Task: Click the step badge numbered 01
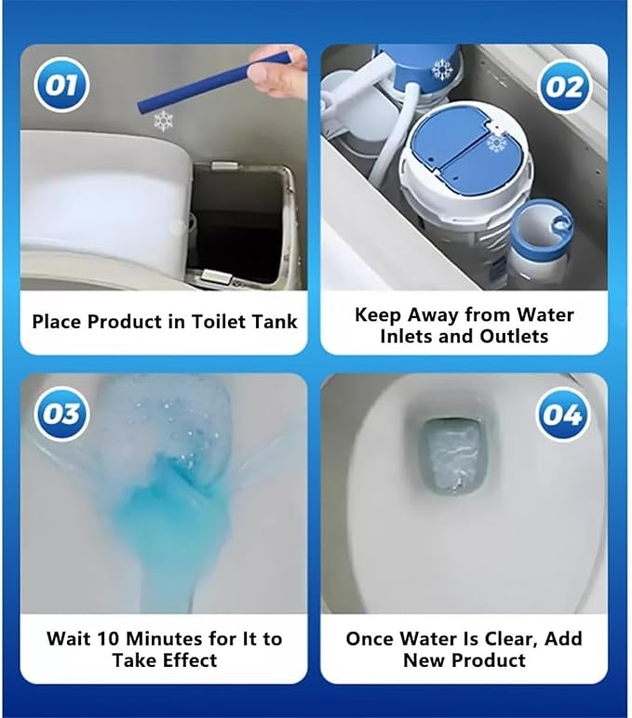(x=61, y=86)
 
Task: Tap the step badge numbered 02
(x=565, y=87)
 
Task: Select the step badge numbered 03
(x=61, y=414)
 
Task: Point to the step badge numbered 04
(x=562, y=415)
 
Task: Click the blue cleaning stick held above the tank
(x=207, y=85)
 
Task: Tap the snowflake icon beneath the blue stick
(x=164, y=121)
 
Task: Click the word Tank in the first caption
(x=274, y=321)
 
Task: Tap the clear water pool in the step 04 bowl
(x=452, y=456)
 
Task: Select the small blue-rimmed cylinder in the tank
(x=542, y=243)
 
